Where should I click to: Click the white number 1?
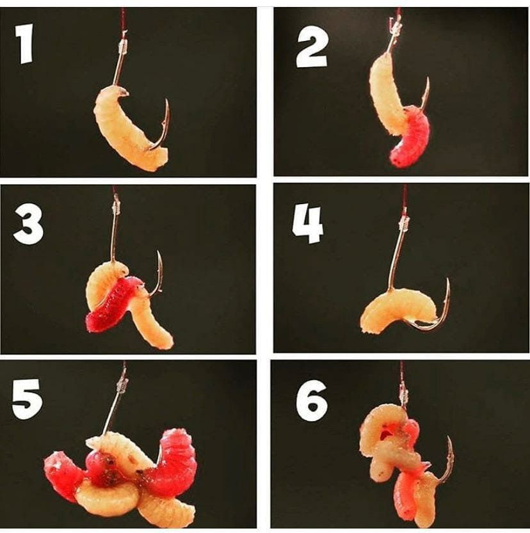[x=24, y=43]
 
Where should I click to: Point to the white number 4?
[x=307, y=225]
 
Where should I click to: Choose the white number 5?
[x=27, y=399]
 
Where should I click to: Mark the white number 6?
[x=312, y=401]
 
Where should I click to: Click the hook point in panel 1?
[x=166, y=100]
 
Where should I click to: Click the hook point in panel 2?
[x=428, y=79]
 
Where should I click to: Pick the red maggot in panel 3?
[x=112, y=303]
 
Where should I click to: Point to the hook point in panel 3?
[x=158, y=252]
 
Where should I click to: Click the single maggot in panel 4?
[x=398, y=308]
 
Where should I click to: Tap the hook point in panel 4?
[x=447, y=280]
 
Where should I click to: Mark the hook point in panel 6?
[x=449, y=438]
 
